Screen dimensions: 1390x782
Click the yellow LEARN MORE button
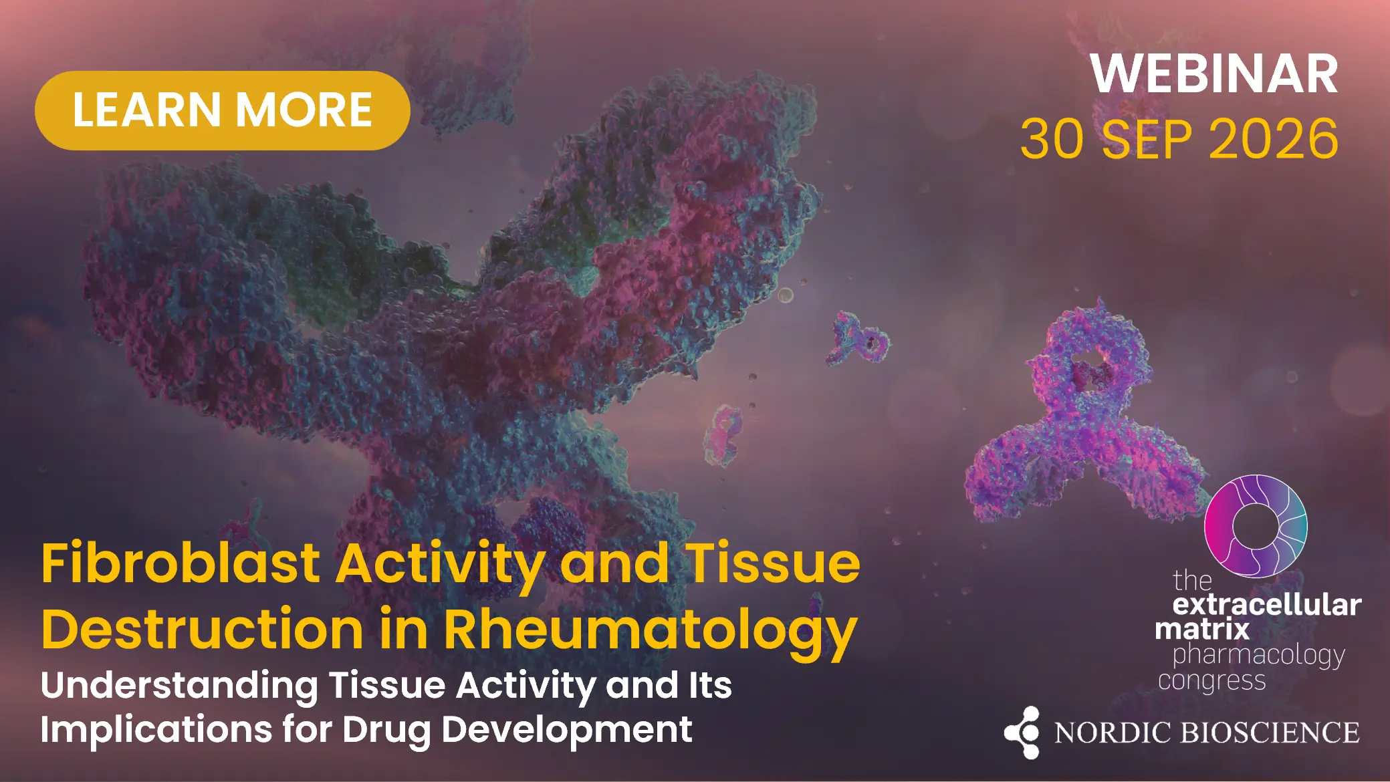tap(222, 110)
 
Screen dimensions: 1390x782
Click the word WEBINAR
tap(1214, 74)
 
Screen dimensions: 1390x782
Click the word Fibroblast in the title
tap(181, 563)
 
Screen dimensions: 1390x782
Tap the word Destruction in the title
tap(203, 629)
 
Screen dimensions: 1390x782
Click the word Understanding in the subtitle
tap(179, 686)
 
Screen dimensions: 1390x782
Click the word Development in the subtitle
tap(567, 729)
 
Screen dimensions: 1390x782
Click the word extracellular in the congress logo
tap(1267, 605)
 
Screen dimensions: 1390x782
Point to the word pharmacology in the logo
tap(1259, 656)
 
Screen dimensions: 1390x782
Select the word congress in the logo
tap(1212, 681)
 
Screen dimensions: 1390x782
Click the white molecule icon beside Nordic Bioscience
tap(1022, 733)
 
